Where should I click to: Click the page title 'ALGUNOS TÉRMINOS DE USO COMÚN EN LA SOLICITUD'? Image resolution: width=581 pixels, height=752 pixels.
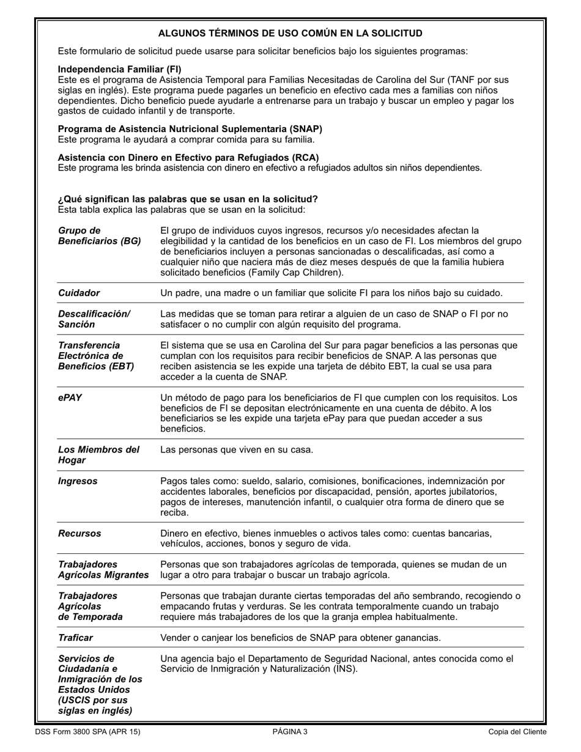click(x=290, y=33)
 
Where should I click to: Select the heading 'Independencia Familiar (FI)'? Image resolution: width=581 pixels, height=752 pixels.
click(x=119, y=70)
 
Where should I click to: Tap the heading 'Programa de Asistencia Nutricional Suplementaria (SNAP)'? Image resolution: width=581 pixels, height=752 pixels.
click(x=190, y=129)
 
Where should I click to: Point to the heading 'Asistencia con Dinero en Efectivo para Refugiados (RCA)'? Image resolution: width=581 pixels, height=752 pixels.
click(x=188, y=157)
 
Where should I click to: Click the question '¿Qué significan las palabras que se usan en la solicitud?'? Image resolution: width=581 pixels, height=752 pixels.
click(x=188, y=199)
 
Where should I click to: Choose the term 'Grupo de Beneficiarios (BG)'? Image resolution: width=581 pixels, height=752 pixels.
click(x=99, y=236)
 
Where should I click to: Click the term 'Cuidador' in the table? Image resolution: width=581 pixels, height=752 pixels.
click(x=79, y=293)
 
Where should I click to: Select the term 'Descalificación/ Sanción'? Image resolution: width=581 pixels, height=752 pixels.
click(x=94, y=319)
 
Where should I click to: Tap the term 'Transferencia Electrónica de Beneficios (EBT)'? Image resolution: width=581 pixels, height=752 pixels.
click(x=95, y=356)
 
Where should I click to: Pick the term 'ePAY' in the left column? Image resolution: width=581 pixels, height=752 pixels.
click(x=70, y=397)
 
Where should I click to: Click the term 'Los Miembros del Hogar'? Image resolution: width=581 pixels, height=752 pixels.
click(x=98, y=455)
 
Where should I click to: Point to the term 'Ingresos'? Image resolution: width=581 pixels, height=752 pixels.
click(x=78, y=481)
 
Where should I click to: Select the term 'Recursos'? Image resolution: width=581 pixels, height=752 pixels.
click(x=80, y=533)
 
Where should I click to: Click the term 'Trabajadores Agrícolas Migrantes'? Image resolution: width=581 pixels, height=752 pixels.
click(x=103, y=569)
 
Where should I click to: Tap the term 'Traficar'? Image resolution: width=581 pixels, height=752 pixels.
click(x=75, y=638)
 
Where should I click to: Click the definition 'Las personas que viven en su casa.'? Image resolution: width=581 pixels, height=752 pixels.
click(x=237, y=450)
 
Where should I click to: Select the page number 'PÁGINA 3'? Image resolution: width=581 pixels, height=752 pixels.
click(x=290, y=732)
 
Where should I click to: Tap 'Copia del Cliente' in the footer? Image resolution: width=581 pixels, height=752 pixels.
click(x=517, y=732)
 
